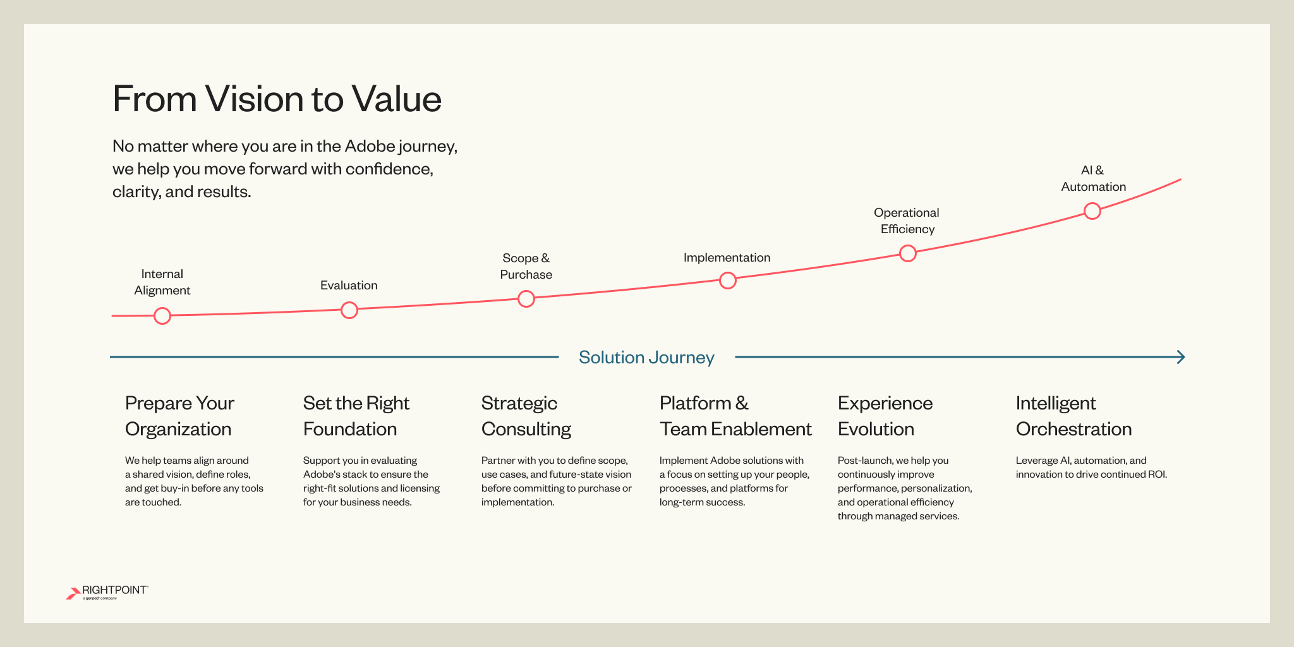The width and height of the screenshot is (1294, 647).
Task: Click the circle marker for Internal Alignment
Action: click(x=162, y=316)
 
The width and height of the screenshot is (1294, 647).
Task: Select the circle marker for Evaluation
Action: click(x=349, y=310)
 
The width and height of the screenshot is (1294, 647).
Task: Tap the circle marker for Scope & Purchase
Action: click(x=526, y=299)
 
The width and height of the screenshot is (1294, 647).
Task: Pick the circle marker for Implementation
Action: click(x=728, y=281)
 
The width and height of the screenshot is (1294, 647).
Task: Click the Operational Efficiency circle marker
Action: click(x=908, y=253)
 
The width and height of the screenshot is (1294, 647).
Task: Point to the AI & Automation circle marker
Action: click(x=1092, y=211)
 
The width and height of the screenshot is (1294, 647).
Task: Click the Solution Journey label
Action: click(x=646, y=358)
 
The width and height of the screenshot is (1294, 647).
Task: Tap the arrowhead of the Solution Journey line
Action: click(x=1180, y=358)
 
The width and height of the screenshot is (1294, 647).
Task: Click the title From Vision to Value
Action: click(x=277, y=99)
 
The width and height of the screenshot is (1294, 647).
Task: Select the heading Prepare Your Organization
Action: click(x=179, y=416)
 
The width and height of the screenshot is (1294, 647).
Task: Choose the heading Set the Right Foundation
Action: click(x=356, y=416)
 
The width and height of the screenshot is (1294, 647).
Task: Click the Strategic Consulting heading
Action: click(x=526, y=416)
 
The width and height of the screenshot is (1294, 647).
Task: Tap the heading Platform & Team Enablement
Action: click(x=735, y=416)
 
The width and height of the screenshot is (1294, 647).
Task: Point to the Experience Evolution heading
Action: click(x=885, y=416)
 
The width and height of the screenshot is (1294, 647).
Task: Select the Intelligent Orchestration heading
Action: click(x=1073, y=416)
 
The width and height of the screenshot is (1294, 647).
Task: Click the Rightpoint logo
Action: click(x=107, y=593)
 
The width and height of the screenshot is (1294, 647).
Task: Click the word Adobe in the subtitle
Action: click(x=369, y=147)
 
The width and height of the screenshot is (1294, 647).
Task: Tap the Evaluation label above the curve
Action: click(x=349, y=286)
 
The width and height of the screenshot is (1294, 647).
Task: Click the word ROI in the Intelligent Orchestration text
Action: click(x=1156, y=475)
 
